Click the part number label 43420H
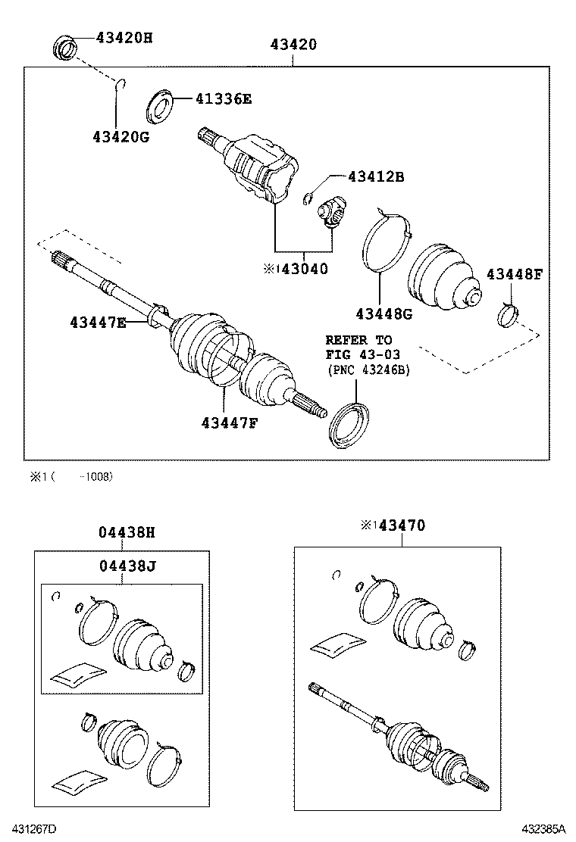[x=124, y=37]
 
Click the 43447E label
[x=99, y=323]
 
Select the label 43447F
[x=230, y=423]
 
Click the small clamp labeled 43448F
[x=507, y=314]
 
